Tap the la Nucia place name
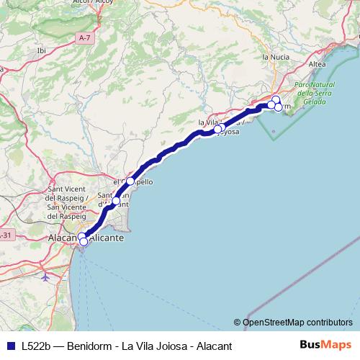point(275,56)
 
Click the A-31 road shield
point(6,235)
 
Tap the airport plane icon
point(46,275)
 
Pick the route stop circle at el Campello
point(130,181)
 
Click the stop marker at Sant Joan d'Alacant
point(115,201)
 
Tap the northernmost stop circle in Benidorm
point(276,99)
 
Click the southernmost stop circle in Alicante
point(84,243)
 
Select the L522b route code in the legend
point(36,345)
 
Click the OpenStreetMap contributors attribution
point(293,322)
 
